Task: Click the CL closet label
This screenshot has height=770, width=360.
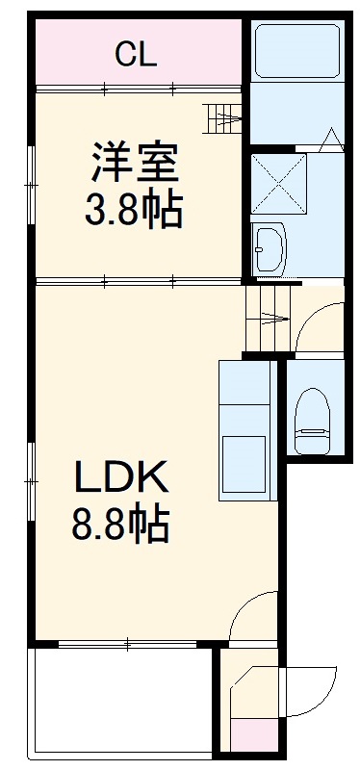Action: pos(136,55)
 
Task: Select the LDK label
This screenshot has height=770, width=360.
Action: pos(123,476)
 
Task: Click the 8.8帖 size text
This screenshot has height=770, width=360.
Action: pos(121,524)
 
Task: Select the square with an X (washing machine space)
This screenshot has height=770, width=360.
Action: pos(276,183)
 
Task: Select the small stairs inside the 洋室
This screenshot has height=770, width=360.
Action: pos(223,119)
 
